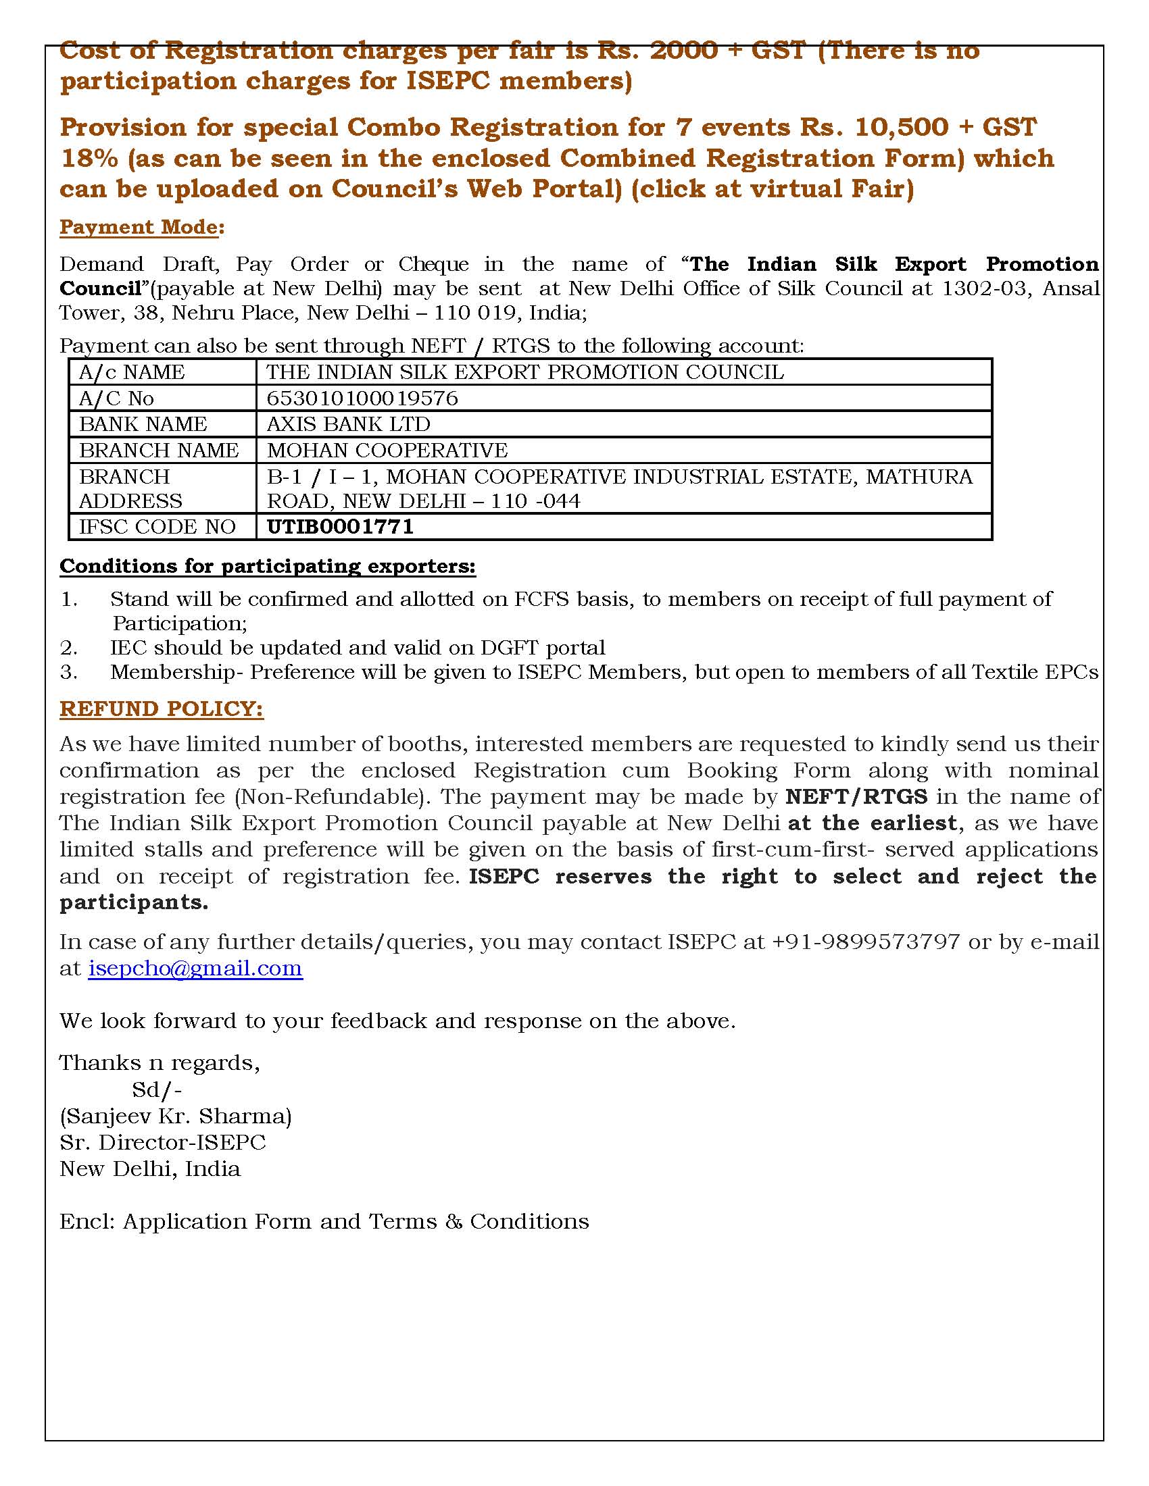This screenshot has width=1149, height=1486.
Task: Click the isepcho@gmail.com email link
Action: coord(195,968)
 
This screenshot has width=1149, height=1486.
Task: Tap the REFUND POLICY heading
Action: coord(162,709)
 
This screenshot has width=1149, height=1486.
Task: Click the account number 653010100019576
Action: coord(362,398)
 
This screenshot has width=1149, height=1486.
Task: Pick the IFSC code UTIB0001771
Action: coord(340,527)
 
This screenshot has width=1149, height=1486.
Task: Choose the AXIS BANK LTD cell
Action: coord(348,424)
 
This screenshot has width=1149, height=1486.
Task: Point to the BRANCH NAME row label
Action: coord(159,451)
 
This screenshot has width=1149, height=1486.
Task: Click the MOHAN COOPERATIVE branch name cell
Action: coord(387,451)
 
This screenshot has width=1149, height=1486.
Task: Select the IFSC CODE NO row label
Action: coord(157,527)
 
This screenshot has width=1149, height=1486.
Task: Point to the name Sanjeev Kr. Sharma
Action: coord(176,1116)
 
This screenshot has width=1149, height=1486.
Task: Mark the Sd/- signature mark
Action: coord(157,1090)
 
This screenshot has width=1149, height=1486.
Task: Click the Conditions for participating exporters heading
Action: coord(268,566)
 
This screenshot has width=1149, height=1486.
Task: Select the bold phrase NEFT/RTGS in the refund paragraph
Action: coord(856,796)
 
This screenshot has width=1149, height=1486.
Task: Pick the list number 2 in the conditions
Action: coord(68,648)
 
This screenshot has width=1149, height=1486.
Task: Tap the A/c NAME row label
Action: coord(131,372)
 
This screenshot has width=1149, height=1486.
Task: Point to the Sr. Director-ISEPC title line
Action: coord(163,1142)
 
